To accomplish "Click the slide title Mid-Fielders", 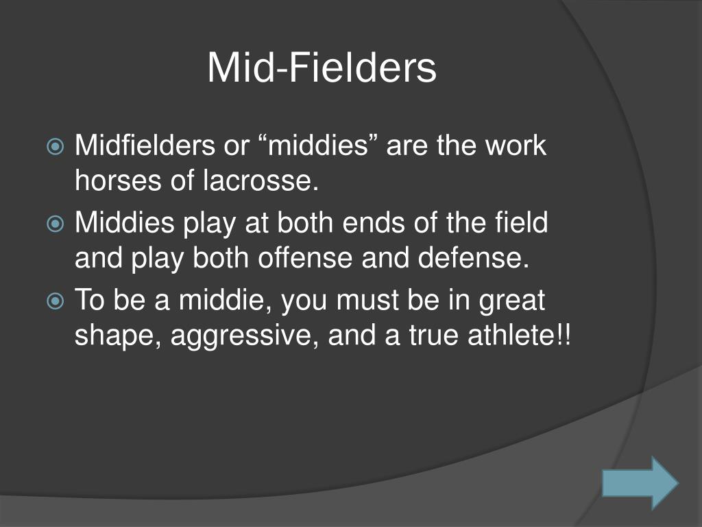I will [x=322, y=69].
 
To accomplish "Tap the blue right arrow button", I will [x=640, y=483].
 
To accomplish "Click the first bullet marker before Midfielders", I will [x=56, y=147].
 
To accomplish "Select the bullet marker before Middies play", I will [x=56, y=224].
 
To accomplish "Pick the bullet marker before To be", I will [x=56, y=301].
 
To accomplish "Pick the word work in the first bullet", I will [x=515, y=146].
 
